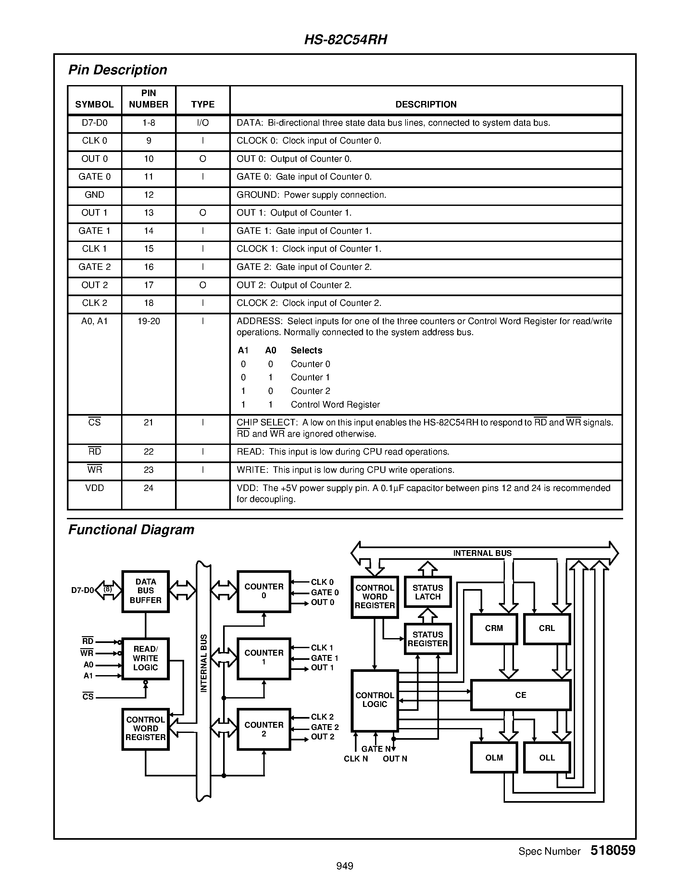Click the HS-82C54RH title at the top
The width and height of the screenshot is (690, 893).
[345, 40]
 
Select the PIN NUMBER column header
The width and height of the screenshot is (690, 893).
[148, 99]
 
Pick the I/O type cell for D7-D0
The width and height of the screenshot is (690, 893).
[203, 123]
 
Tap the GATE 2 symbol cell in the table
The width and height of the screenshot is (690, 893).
[94, 267]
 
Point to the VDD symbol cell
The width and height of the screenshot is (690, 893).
[94, 488]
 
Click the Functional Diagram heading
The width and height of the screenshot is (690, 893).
[131, 530]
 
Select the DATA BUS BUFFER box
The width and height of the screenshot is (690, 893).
[145, 591]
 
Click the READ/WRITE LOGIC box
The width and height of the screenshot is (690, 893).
[145, 658]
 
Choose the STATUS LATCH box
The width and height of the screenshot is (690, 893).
[428, 592]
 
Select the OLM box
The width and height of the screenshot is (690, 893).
[494, 758]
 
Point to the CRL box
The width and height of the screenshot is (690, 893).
[546, 628]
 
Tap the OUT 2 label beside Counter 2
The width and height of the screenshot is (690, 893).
[322, 737]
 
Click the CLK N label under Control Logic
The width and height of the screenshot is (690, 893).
[356, 759]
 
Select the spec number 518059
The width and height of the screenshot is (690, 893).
[613, 850]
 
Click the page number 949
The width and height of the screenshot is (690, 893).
[345, 866]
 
